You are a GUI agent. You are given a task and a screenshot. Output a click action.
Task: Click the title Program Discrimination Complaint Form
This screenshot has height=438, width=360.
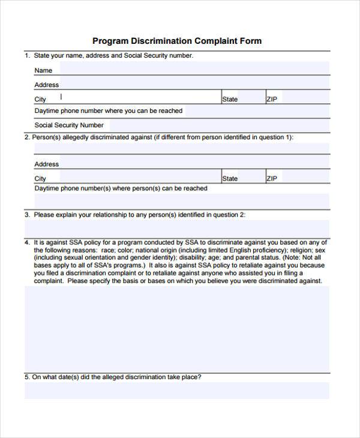point(177,41)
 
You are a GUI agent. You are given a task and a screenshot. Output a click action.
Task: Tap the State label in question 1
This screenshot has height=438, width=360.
point(230,99)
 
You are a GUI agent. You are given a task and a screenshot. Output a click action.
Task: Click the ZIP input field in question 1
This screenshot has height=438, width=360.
point(303,98)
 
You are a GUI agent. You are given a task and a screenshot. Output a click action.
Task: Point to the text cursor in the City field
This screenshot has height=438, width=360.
point(61,97)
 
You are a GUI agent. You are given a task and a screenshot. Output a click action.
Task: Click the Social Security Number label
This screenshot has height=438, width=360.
point(69,125)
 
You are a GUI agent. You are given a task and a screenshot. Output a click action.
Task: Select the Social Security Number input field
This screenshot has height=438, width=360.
point(216,125)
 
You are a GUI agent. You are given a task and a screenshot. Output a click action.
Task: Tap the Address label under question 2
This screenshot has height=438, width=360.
point(46,164)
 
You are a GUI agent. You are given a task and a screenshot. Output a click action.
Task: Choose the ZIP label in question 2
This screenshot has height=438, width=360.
point(272,178)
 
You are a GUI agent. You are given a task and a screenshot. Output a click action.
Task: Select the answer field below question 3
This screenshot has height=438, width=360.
point(176,229)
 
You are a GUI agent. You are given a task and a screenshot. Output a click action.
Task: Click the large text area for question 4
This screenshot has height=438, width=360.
point(176,328)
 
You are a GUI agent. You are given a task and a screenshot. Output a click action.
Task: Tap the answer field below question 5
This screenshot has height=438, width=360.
point(176,390)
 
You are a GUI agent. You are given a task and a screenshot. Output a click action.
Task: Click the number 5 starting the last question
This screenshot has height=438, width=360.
point(26,377)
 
